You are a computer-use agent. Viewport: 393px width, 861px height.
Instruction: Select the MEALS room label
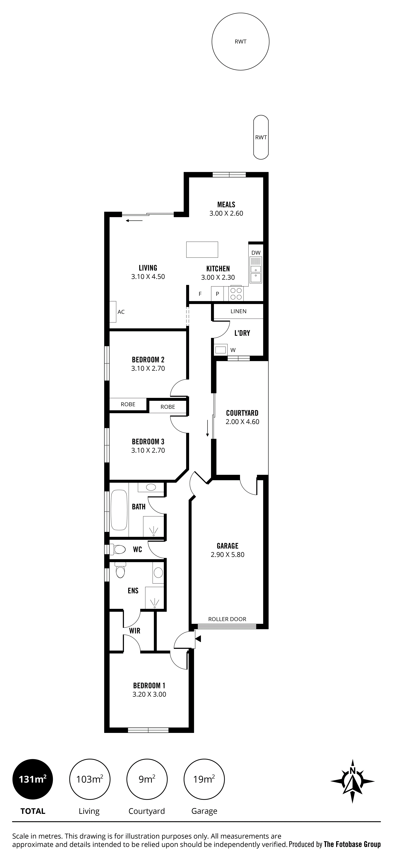tap(226, 205)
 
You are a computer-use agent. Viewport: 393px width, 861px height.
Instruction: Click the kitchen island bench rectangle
tap(202, 249)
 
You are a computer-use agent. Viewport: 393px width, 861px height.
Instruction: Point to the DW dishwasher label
tap(256, 253)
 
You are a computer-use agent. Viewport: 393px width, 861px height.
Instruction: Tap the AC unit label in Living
tap(121, 312)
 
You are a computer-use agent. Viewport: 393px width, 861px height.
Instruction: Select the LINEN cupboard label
tap(239, 311)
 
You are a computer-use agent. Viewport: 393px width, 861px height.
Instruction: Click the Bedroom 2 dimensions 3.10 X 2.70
tap(148, 368)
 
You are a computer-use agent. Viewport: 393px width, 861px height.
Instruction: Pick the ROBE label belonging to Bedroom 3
tap(168, 407)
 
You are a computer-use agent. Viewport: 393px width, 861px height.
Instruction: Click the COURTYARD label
tap(242, 413)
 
